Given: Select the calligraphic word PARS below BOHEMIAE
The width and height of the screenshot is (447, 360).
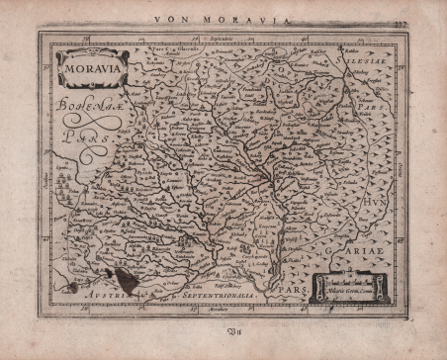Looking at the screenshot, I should click(x=85, y=138).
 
